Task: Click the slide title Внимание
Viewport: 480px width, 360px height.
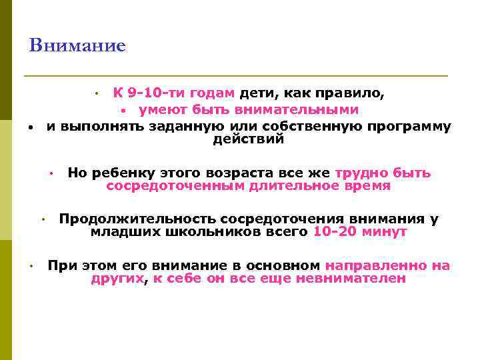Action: coord(77,46)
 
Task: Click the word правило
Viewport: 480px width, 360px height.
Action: coord(354,93)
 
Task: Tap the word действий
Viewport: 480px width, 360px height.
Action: coord(249,139)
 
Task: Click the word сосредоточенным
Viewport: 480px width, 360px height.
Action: coord(175,187)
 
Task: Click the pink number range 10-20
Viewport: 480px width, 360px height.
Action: coord(336,233)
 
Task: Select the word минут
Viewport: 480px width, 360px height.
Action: coord(385,233)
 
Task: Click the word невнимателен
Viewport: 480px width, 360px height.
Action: coord(362,279)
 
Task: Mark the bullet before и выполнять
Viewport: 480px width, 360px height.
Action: coord(31,127)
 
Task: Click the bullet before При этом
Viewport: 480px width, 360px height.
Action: coord(31,266)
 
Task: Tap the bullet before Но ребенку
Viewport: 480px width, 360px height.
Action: coord(50,174)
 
